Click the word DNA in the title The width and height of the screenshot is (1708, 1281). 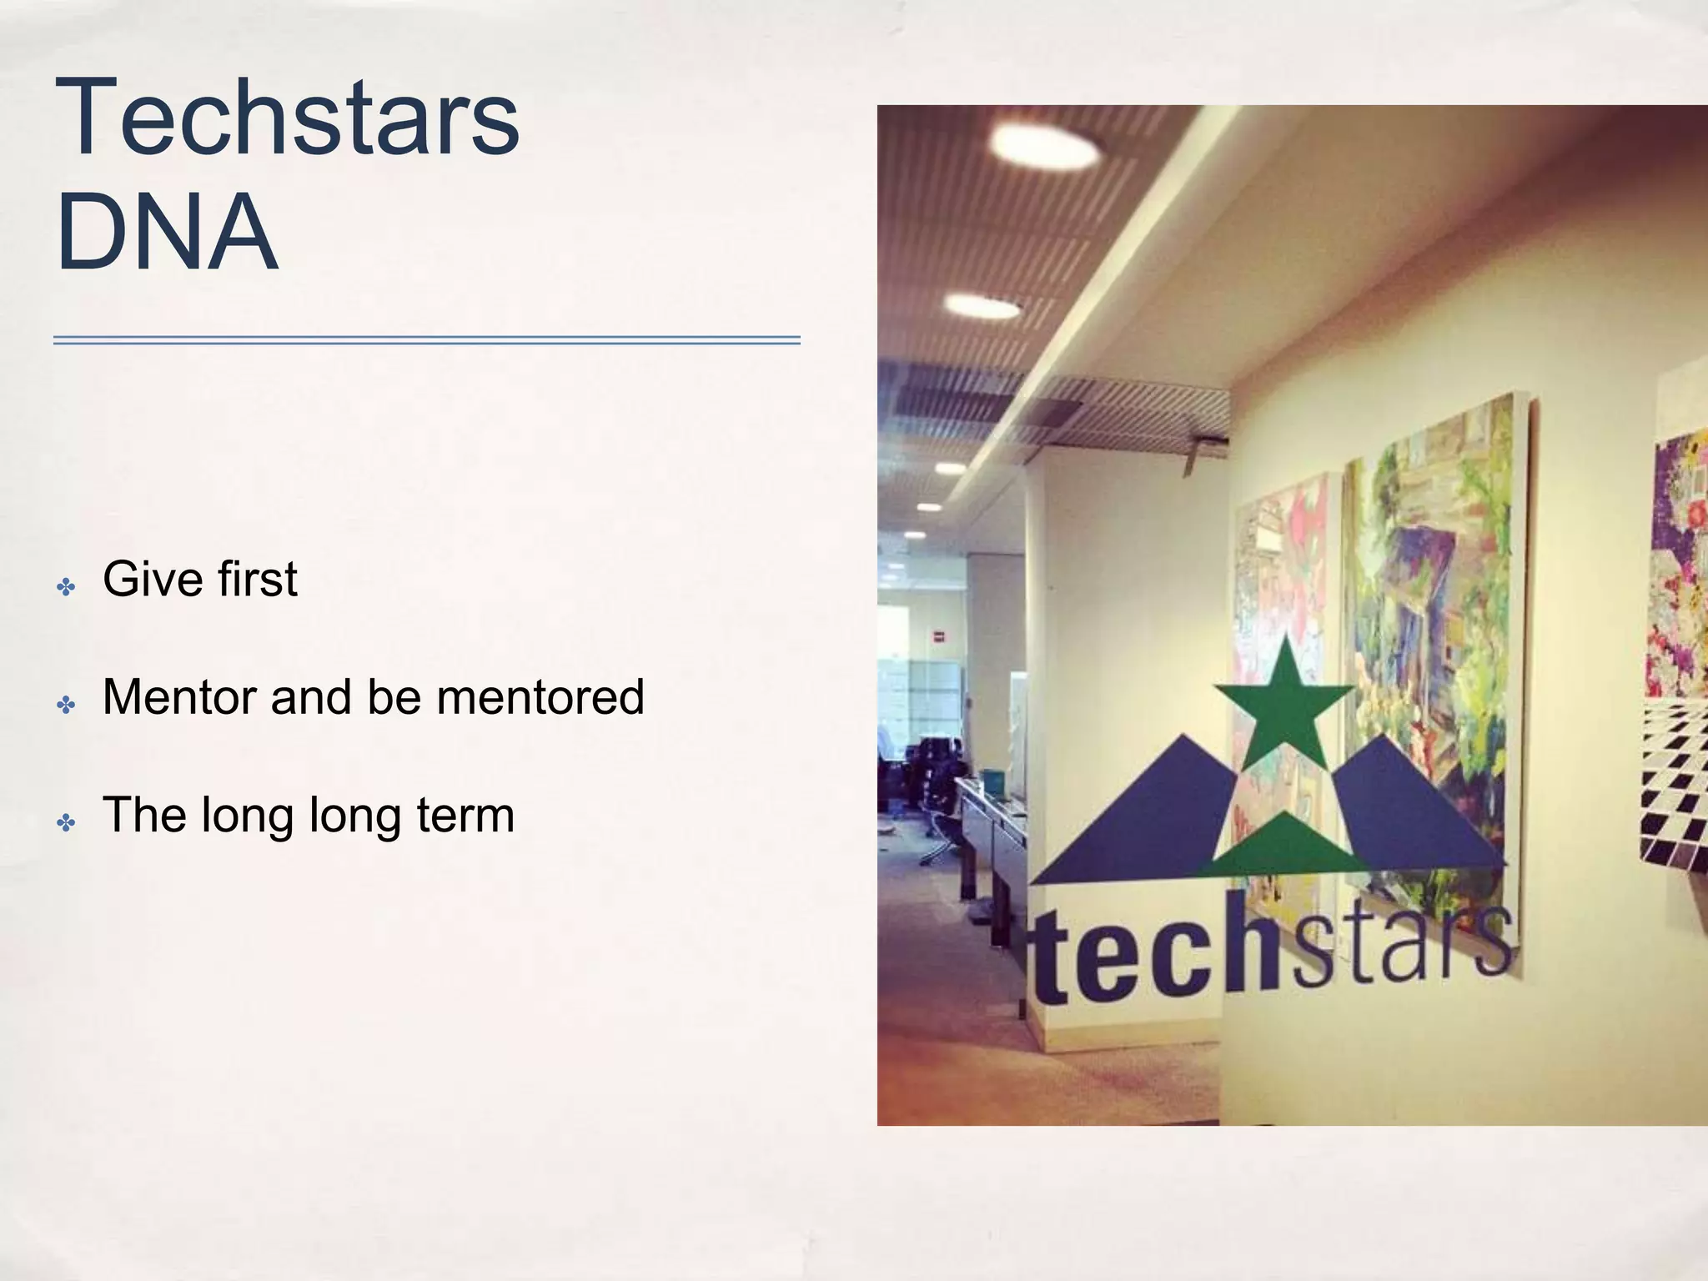pos(166,232)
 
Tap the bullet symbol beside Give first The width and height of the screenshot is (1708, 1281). pos(66,587)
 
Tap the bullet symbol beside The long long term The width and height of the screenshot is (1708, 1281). pos(66,823)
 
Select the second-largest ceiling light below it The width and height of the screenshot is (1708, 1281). pos(982,307)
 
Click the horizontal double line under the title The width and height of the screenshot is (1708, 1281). pos(426,340)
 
